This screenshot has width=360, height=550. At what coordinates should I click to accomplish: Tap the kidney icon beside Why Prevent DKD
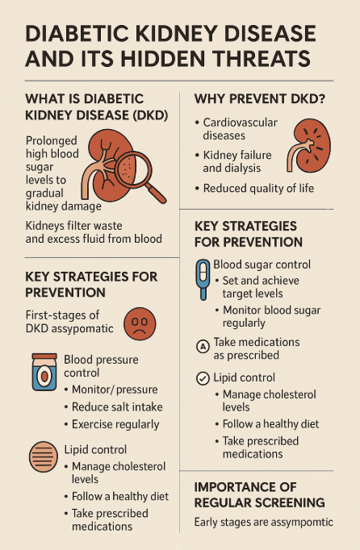point(308,146)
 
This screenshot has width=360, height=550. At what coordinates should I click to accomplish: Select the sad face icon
point(140,323)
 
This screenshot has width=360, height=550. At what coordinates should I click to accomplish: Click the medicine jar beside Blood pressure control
point(44,372)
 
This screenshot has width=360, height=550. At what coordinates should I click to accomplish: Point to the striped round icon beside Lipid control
point(44,456)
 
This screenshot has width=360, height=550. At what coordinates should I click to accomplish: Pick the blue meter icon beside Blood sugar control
point(203,280)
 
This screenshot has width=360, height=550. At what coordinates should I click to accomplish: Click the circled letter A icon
point(203,347)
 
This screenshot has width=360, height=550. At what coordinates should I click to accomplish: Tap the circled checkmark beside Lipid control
point(203,378)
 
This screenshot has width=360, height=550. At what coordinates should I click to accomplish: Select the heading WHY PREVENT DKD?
point(260,99)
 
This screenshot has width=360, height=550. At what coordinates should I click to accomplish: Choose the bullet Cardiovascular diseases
point(237,129)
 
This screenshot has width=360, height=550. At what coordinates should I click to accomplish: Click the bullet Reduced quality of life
point(254,189)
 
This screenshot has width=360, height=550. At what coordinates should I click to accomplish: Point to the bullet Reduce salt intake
point(114,407)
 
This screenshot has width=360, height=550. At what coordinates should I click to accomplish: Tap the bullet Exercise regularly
point(111,424)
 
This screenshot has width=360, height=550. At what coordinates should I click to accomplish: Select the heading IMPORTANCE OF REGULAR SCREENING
point(260,494)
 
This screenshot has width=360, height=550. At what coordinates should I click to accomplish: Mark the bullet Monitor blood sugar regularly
point(268,316)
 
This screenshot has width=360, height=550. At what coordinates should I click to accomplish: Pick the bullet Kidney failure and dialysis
point(233,161)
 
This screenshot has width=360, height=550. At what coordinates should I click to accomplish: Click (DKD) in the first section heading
point(150,115)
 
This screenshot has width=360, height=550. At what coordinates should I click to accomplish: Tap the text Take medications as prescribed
point(257,348)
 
